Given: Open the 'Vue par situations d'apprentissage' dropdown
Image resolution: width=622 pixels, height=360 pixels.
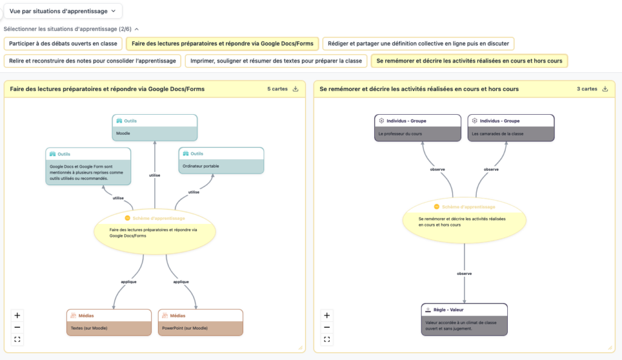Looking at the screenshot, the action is tap(63, 11).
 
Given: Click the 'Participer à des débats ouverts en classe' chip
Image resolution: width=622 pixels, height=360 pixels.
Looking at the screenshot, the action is tap(63, 44).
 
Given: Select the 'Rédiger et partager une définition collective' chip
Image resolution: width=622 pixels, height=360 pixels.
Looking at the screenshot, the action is tap(418, 44).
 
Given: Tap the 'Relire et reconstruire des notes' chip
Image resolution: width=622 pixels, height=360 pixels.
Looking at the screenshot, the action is tap(92, 61).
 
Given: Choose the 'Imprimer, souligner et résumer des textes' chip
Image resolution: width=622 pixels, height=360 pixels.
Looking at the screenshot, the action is tap(276, 61).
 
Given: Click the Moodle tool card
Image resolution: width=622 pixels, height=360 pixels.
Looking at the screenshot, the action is tap(155, 127).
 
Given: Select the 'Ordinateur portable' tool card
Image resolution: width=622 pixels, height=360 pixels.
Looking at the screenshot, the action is tap(221, 160).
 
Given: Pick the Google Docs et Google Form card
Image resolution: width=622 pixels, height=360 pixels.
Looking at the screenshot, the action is tap(88, 166).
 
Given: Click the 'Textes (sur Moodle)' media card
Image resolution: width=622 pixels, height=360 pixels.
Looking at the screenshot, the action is tap(109, 322).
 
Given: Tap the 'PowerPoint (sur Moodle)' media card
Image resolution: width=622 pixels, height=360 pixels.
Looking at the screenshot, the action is tap(200, 322).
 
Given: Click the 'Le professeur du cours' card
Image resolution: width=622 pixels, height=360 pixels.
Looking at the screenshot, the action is tap(418, 127).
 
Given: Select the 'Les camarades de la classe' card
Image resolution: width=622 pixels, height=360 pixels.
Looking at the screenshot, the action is tap(511, 127).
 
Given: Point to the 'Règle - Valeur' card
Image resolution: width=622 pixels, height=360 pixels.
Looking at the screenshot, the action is tap(464, 319).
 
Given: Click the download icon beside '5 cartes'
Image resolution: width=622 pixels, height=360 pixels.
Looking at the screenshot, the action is tap(296, 89).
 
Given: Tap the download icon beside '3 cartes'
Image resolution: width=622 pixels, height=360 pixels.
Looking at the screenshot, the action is tap(605, 89).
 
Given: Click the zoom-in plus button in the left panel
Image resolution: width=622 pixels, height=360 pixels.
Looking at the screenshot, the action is tap(17, 315).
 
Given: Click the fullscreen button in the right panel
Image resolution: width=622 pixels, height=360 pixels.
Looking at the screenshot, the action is tap(327, 339).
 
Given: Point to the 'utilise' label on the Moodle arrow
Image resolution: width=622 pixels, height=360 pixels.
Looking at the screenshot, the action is tap(155, 175).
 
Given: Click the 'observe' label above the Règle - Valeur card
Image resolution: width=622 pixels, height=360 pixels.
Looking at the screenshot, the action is tap(464, 274).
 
